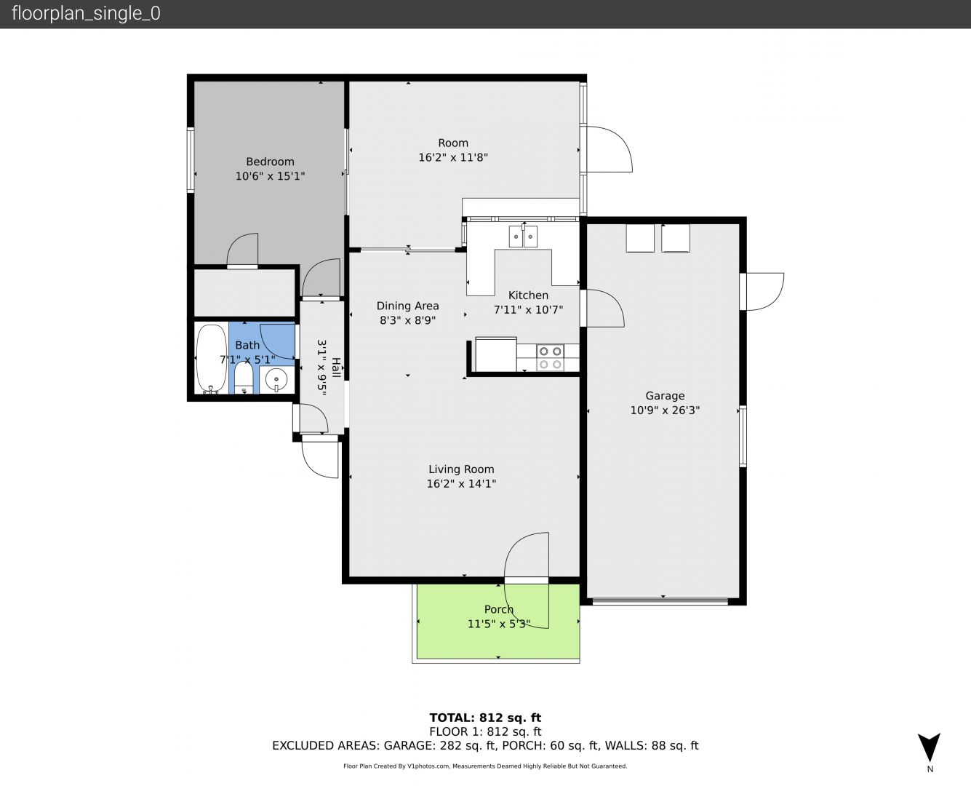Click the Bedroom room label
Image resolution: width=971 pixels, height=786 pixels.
click(270, 162)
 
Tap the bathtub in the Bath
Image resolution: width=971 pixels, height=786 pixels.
click(211, 359)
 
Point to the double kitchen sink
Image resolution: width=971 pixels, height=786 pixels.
click(523, 237)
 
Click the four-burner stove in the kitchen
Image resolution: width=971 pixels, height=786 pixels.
click(550, 357)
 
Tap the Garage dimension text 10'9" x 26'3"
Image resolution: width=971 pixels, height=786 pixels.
click(665, 410)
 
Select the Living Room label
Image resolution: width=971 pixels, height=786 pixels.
click(461, 469)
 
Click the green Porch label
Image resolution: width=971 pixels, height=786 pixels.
click(499, 609)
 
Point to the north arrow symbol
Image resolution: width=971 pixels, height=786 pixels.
click(929, 747)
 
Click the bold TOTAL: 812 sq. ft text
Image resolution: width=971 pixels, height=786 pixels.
click(485, 718)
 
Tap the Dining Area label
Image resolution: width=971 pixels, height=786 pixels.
click(407, 306)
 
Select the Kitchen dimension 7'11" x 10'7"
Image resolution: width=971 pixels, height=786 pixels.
click(528, 310)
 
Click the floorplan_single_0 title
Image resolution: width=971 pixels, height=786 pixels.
click(86, 14)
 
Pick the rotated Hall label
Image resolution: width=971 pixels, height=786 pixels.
click(336, 368)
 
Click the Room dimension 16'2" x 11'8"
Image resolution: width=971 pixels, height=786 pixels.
click(453, 157)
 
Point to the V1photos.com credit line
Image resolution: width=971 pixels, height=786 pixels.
click(485, 766)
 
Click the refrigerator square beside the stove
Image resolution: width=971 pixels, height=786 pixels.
click(496, 354)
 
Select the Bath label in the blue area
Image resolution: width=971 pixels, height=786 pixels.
click(247, 345)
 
